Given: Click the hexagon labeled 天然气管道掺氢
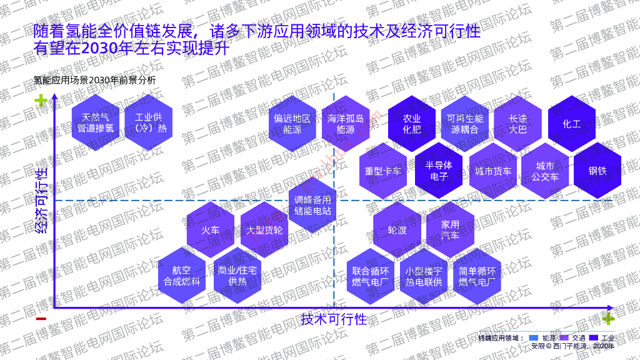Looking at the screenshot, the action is [x=96, y=123].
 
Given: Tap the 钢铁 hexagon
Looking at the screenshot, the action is [x=597, y=170].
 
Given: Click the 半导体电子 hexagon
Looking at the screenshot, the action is [x=439, y=170].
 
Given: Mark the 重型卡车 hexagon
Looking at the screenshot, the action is [x=384, y=170].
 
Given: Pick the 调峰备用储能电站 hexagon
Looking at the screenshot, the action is [x=312, y=206].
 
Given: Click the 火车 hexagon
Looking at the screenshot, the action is [x=211, y=229].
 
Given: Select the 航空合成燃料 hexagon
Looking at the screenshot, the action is [x=182, y=276].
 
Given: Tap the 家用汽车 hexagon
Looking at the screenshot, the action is [x=450, y=229].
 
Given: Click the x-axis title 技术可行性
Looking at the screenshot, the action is [x=334, y=319].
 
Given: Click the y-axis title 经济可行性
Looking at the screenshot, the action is [x=42, y=200].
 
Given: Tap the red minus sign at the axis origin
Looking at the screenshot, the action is [x=41, y=319].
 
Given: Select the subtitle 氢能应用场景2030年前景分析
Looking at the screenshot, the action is [x=94, y=80].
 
